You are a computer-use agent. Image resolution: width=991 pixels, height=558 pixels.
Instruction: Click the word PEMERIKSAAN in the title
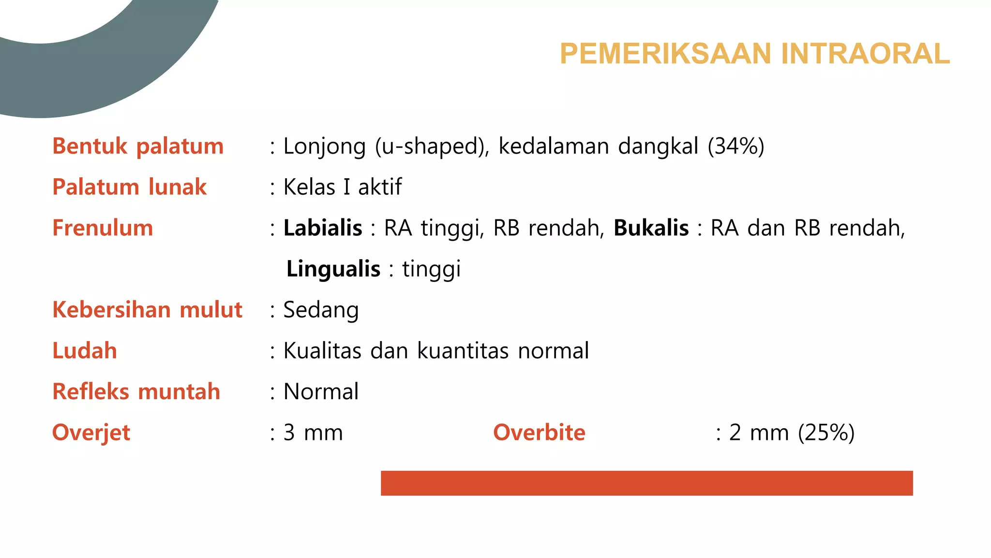(x=666, y=53)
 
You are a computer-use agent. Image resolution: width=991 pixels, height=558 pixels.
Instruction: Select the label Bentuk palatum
(x=138, y=146)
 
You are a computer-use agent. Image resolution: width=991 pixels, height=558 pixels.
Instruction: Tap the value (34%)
(x=736, y=146)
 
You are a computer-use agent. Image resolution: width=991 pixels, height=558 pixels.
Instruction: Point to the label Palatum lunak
(x=129, y=187)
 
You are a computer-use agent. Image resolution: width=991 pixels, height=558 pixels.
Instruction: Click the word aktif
(x=380, y=187)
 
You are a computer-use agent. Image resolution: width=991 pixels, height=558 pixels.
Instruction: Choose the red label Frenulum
(x=103, y=228)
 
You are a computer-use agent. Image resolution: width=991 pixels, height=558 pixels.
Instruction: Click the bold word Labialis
(x=323, y=228)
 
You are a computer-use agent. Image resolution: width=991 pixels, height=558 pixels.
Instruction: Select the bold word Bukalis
(x=651, y=228)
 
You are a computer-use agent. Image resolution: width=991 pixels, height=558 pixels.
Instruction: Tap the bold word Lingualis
(x=333, y=269)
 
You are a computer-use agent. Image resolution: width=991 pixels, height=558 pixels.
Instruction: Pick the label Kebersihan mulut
(x=147, y=310)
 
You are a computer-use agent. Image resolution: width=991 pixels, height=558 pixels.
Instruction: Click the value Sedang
(x=321, y=310)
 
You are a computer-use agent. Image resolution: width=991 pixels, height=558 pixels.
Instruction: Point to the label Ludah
(x=85, y=351)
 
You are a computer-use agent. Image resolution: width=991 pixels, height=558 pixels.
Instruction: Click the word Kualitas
(x=322, y=351)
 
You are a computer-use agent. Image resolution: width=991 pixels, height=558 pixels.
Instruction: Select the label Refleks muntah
(x=136, y=392)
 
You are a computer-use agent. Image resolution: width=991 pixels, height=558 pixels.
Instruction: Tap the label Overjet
(x=91, y=433)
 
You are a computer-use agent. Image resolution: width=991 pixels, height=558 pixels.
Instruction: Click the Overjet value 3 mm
(x=313, y=433)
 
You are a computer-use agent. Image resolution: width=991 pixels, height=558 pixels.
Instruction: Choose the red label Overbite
(x=539, y=433)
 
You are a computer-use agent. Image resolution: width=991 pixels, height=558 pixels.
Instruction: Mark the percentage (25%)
(x=826, y=433)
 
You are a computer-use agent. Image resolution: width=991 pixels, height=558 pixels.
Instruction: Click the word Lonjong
(x=324, y=146)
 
